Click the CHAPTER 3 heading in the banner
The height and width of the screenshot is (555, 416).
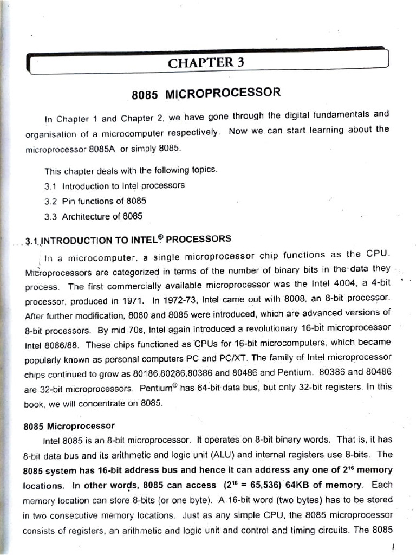click(x=206, y=62)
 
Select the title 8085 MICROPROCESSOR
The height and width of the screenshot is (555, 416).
click(x=206, y=93)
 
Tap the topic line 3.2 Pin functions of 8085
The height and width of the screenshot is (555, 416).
click(x=95, y=201)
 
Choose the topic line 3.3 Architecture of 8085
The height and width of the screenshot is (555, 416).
click(x=94, y=216)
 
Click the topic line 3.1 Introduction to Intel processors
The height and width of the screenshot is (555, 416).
click(x=114, y=185)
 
